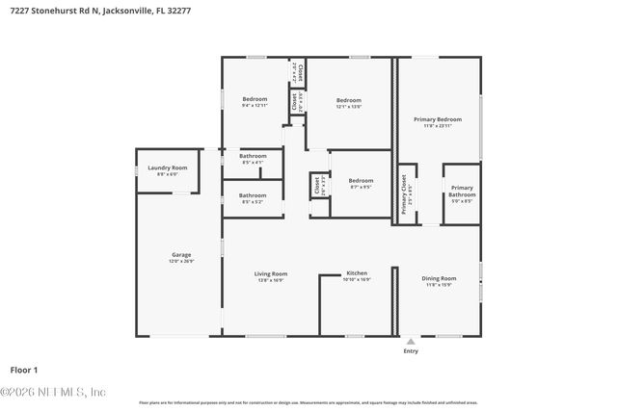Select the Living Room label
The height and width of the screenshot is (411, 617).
271,273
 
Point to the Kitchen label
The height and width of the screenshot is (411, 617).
357,273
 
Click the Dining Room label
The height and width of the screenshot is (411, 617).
439,278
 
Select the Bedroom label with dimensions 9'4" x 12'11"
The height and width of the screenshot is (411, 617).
255,99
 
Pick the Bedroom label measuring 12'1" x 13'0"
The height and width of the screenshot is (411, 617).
349,100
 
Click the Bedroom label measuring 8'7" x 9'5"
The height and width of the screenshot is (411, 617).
361,180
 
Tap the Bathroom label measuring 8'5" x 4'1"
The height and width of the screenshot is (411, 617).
253,156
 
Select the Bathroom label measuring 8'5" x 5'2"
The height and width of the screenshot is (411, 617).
253,195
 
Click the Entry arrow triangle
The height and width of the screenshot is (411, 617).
411,341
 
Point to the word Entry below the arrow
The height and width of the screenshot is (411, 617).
411,351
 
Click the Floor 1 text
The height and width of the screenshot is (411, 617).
24,369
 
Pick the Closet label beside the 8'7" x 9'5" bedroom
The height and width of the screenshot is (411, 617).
316,185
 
